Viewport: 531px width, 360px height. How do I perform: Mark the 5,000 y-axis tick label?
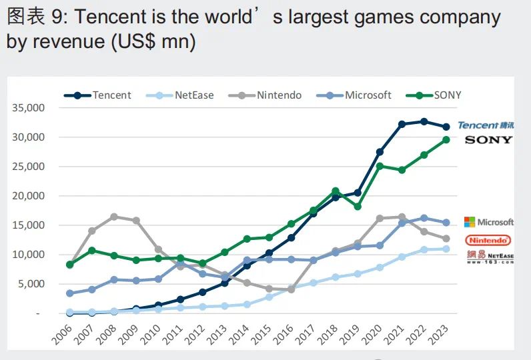coord(32,284)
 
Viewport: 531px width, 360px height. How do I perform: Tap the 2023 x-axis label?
coord(440,333)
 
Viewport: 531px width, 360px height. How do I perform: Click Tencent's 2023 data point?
coord(446,127)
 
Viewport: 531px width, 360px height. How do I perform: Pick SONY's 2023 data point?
coord(446,139)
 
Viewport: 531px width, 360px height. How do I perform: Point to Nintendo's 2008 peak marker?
coord(114,217)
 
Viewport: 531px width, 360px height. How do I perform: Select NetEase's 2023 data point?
coord(446,249)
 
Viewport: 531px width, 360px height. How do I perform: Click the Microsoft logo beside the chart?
coord(489,222)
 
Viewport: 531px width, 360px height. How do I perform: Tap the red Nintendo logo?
coord(488,240)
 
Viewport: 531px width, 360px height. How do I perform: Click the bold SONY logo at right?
coord(488,140)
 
